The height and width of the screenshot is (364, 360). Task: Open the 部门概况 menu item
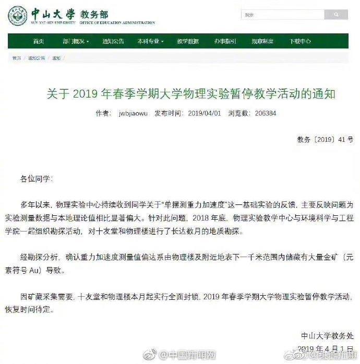[x=75, y=42]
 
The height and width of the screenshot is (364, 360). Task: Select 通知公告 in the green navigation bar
[x=113, y=42]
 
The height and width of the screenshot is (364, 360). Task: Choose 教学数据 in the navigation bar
[x=188, y=42]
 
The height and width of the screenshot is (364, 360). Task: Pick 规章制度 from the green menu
[x=263, y=42]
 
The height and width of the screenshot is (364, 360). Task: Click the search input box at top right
[x=275, y=15]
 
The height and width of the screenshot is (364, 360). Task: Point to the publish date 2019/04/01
[x=204, y=113]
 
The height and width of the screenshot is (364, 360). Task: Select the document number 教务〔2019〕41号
[x=326, y=139]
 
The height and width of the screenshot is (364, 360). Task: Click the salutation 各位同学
[x=36, y=178]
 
